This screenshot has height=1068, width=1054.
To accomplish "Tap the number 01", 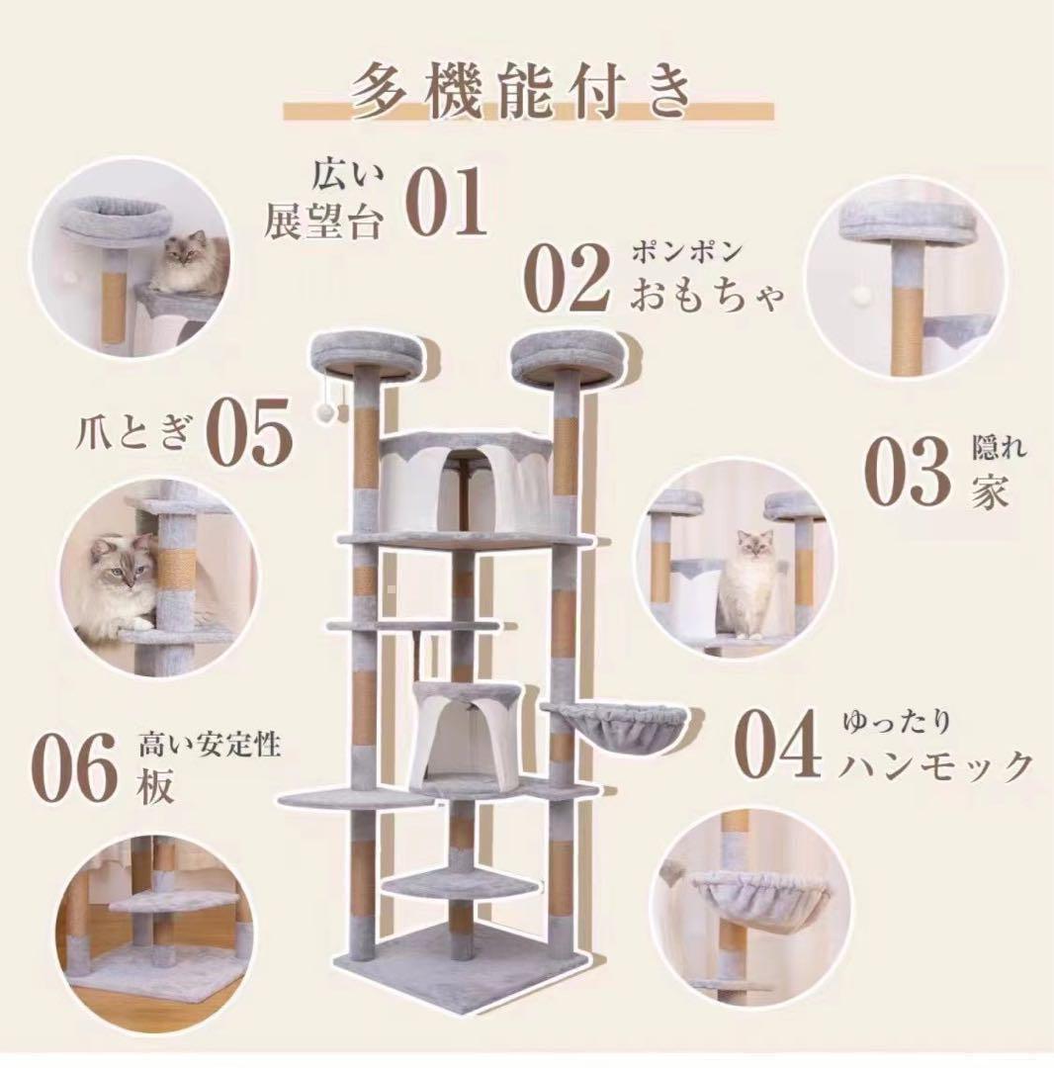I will tap(447, 202).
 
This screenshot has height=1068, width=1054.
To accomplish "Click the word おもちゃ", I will tap(710, 294).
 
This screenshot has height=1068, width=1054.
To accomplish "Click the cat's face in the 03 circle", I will tap(751, 547).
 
